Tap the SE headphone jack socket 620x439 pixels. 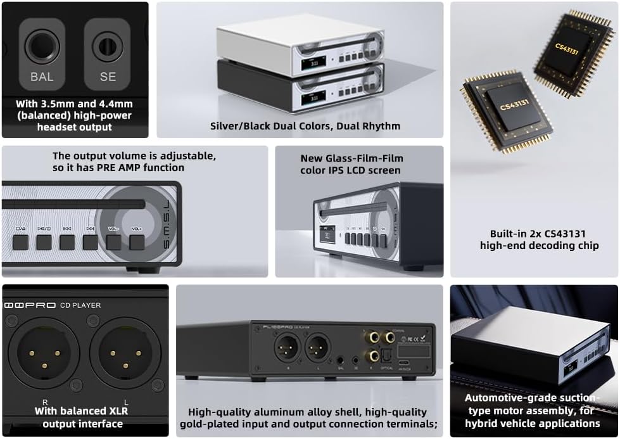[x=107, y=46]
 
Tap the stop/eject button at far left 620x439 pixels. [x=21, y=241]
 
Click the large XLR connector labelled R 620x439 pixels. [x=44, y=353]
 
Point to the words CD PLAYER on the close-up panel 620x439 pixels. [x=80, y=305]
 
